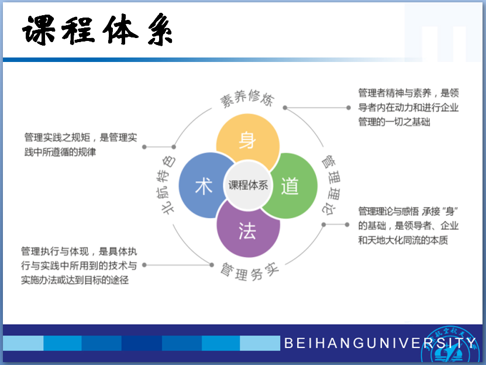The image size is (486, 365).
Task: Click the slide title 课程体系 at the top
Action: pos(97,30)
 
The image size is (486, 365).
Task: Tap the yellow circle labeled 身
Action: pos(247,140)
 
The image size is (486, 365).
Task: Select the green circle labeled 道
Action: pos(290,186)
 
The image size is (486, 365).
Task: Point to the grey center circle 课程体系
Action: pos(248,185)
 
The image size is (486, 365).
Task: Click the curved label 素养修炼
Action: pos(247,98)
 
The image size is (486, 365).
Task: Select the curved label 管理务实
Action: pos(250,271)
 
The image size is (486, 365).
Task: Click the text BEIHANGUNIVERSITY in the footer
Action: pos(380,343)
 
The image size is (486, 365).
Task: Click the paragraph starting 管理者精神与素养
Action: pos(408,107)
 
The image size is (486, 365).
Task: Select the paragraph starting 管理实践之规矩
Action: pos(81,144)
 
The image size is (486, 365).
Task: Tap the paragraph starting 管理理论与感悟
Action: pos(408,225)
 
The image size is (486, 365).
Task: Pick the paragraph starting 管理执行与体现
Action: pos(79,266)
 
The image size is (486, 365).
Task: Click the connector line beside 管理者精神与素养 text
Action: pos(317,108)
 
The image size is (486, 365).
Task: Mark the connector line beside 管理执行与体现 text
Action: pos(178,265)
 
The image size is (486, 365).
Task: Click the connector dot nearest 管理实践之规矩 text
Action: pos(144,147)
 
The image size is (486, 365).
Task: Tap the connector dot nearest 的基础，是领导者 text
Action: pos(347,224)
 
